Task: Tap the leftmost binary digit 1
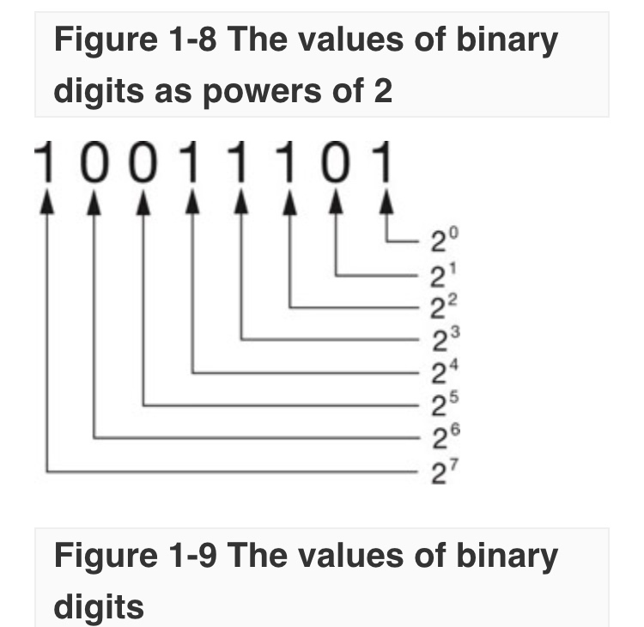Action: [46, 163]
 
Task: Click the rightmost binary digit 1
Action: [387, 163]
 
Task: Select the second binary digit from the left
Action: [94, 163]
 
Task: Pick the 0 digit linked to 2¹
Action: [338, 163]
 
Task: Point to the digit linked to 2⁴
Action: [192, 163]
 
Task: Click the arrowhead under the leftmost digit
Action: [46, 202]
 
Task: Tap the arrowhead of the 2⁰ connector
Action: [387, 202]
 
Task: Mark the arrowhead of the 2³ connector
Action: [241, 202]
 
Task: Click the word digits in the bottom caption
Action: [98, 606]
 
